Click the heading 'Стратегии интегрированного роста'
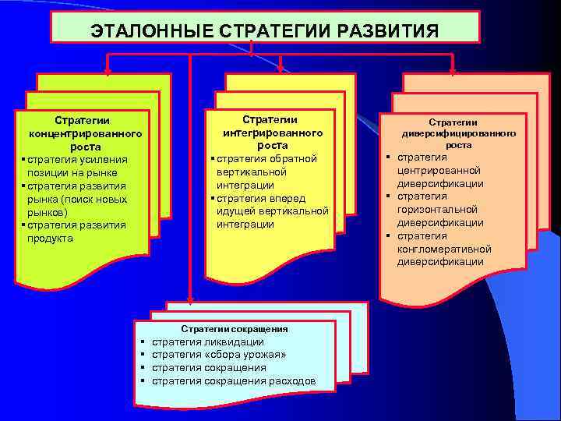(x=269, y=132)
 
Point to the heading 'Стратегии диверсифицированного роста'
(x=453, y=133)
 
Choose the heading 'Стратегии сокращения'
(x=235, y=329)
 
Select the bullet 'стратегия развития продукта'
(x=74, y=232)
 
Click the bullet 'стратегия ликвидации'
(x=207, y=341)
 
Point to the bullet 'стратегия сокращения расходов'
(x=233, y=380)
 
